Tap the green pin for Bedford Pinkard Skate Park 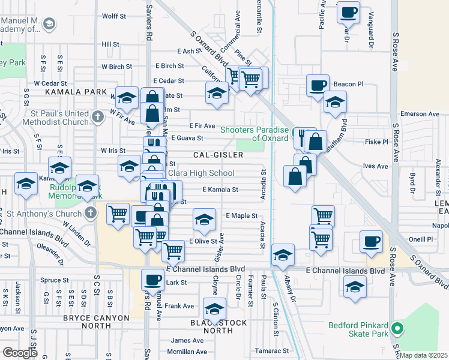pos(397,329)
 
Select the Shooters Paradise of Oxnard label pos(255,134)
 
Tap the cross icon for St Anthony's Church pos(90,212)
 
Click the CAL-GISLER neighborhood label pos(218,155)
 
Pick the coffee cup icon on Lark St pos(152,278)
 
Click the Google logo pos(20,352)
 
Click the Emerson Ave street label pos(421,113)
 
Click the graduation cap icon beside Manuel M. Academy pos(49,24)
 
